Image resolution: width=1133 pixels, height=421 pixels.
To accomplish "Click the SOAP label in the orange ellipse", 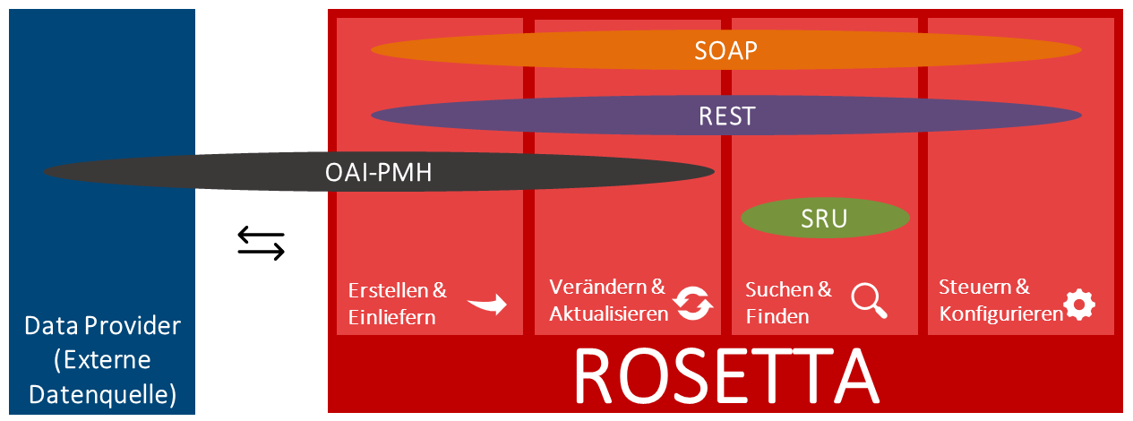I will (725, 50).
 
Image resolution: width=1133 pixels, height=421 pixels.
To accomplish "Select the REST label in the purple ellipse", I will (725, 116).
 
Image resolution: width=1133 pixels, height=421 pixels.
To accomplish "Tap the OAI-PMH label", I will (378, 172).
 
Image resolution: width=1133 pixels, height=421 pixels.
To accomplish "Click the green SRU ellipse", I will (825, 218).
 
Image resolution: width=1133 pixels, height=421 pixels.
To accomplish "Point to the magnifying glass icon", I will (869, 301).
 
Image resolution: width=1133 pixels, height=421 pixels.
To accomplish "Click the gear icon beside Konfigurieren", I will (1079, 305).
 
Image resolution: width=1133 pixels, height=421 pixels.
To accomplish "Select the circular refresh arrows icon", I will (693, 304).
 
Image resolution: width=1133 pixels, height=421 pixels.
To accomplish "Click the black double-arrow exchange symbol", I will (261, 244).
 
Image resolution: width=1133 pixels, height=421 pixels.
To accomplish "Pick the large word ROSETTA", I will (725, 376).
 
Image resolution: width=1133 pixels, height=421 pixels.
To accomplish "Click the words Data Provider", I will (102, 326).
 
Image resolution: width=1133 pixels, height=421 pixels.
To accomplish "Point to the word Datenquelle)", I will (102, 393).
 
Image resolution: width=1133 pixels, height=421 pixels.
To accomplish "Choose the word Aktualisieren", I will (608, 314).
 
